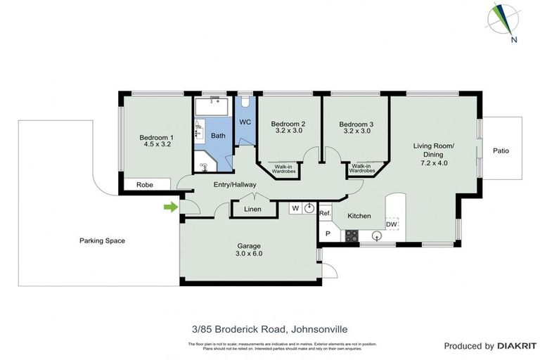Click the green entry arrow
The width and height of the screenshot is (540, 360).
169,207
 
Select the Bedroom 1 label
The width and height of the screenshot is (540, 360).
155,137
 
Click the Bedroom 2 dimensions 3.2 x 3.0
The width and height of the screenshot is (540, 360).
288,131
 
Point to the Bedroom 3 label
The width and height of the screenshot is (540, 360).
356,124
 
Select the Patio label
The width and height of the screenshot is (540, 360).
501,150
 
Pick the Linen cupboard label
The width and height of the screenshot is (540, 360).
252,210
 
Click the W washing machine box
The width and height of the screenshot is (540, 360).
295,208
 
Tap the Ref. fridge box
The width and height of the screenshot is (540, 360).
325,213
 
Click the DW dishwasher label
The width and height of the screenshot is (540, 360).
391,224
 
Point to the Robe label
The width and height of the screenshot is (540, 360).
145,185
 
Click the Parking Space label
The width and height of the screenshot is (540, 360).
102,240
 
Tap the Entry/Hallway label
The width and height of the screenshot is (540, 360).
235,185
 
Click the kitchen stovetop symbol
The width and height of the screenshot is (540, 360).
350,236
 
